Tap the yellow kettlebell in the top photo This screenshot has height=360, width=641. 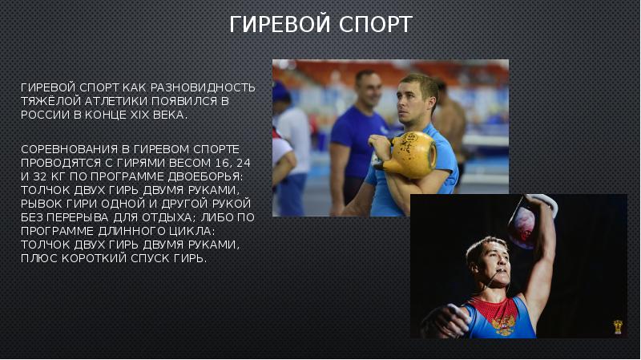click(x=409, y=155)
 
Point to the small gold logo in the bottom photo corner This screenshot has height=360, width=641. click(x=618, y=327)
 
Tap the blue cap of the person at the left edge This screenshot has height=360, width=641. click(x=280, y=92)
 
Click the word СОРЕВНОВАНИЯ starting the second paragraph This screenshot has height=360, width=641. click(x=65, y=150)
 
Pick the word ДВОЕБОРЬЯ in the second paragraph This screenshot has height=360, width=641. click(x=214, y=176)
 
